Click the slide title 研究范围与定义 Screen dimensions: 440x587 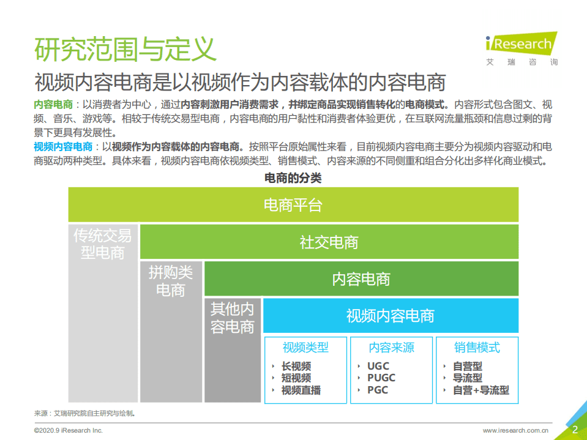pos(125,50)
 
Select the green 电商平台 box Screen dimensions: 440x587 pos(293,205)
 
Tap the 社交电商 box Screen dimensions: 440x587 pos(329,242)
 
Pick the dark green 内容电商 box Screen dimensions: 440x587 pos(361,279)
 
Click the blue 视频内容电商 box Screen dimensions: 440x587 pos(391,316)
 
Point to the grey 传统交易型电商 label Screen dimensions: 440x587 pos(103,244)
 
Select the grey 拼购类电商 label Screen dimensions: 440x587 pos(171,281)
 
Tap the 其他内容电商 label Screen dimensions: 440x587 pos(232,317)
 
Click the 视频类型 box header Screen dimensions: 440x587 pos(305,348)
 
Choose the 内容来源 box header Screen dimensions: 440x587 pos(391,348)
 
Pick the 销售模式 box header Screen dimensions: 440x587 pos(477,348)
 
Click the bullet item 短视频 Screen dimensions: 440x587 pos(296,378)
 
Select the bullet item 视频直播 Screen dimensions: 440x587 pos(301,390)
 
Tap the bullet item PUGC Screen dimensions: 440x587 pos(381,378)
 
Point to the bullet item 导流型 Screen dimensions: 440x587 pos(468,378)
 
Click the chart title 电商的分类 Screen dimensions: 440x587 pos(293,178)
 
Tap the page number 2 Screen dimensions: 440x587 pos(575,430)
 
